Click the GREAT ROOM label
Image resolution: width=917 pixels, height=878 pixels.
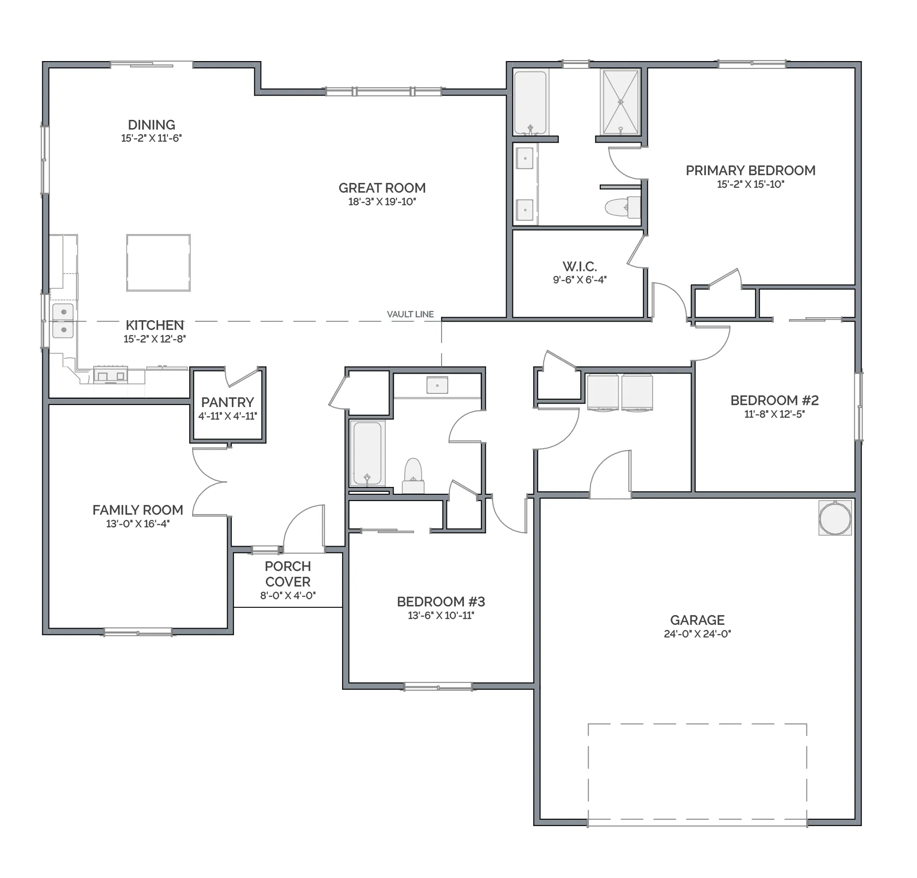(382, 188)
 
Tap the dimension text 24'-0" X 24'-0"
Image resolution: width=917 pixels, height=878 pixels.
(697, 634)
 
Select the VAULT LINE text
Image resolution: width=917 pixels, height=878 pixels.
(410, 314)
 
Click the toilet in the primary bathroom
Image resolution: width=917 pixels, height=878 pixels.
(623, 208)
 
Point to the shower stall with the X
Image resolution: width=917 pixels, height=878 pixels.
(621, 102)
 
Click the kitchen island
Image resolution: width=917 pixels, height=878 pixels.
(158, 263)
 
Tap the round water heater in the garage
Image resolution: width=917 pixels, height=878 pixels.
(835, 518)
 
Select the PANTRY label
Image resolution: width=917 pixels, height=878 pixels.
(228, 402)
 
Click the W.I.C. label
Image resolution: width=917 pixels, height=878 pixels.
(580, 266)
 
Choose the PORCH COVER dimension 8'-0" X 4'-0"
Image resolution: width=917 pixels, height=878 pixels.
(288, 595)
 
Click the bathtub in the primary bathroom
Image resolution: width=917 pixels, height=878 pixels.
(531, 102)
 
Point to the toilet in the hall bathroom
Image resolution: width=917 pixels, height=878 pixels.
(413, 476)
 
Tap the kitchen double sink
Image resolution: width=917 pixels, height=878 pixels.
(63, 321)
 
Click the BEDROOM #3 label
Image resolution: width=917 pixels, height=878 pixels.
(441, 602)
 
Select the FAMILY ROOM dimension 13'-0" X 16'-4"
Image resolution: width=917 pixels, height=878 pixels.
(138, 523)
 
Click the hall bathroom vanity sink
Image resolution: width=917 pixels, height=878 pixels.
(437, 385)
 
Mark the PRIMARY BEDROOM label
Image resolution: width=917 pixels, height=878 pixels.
(751, 170)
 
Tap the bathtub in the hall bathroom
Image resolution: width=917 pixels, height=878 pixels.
(367, 454)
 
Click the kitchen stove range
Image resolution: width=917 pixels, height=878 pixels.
(111, 374)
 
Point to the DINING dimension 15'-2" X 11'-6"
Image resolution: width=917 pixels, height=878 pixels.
(151, 138)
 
